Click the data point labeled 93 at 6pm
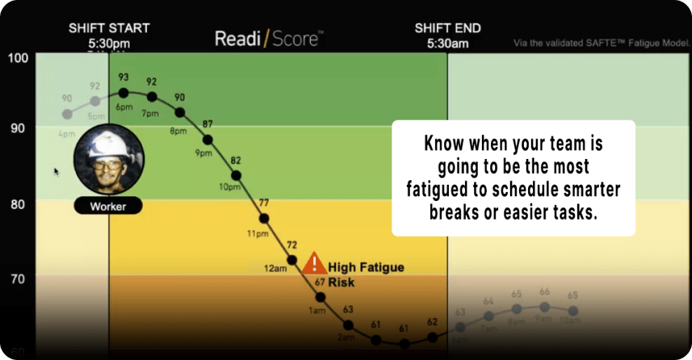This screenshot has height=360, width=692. click(123, 92)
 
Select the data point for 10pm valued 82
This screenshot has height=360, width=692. click(236, 176)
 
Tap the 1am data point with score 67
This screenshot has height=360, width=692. click(320, 297)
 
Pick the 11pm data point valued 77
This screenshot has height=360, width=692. click(264, 219)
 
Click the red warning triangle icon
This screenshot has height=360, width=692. click(315, 263)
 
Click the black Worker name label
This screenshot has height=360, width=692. click(109, 207)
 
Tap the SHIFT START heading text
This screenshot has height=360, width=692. click(109, 29)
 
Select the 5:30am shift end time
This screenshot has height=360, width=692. click(447, 43)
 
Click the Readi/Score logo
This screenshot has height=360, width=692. click(267, 39)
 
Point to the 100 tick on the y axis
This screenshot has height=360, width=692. click(18, 57)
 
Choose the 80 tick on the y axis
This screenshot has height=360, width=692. click(18, 205)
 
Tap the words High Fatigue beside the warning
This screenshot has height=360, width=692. click(366, 268)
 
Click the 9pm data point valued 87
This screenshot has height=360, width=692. click(207, 140)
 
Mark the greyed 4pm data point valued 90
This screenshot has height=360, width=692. click(67, 114)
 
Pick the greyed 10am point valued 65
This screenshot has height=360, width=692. click(573, 310)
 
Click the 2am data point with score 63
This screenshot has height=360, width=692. click(348, 325)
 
